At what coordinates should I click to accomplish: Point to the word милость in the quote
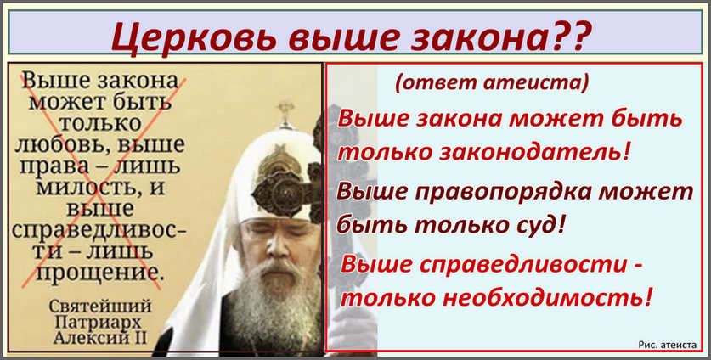pos(88,187)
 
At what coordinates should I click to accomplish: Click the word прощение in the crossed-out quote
pos(99,273)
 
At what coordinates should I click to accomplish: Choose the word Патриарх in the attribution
pos(100,323)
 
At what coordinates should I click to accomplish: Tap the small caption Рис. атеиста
pos(667,345)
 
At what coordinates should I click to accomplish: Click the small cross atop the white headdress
pos(285,112)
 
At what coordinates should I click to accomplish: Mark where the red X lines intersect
pos(101,181)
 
